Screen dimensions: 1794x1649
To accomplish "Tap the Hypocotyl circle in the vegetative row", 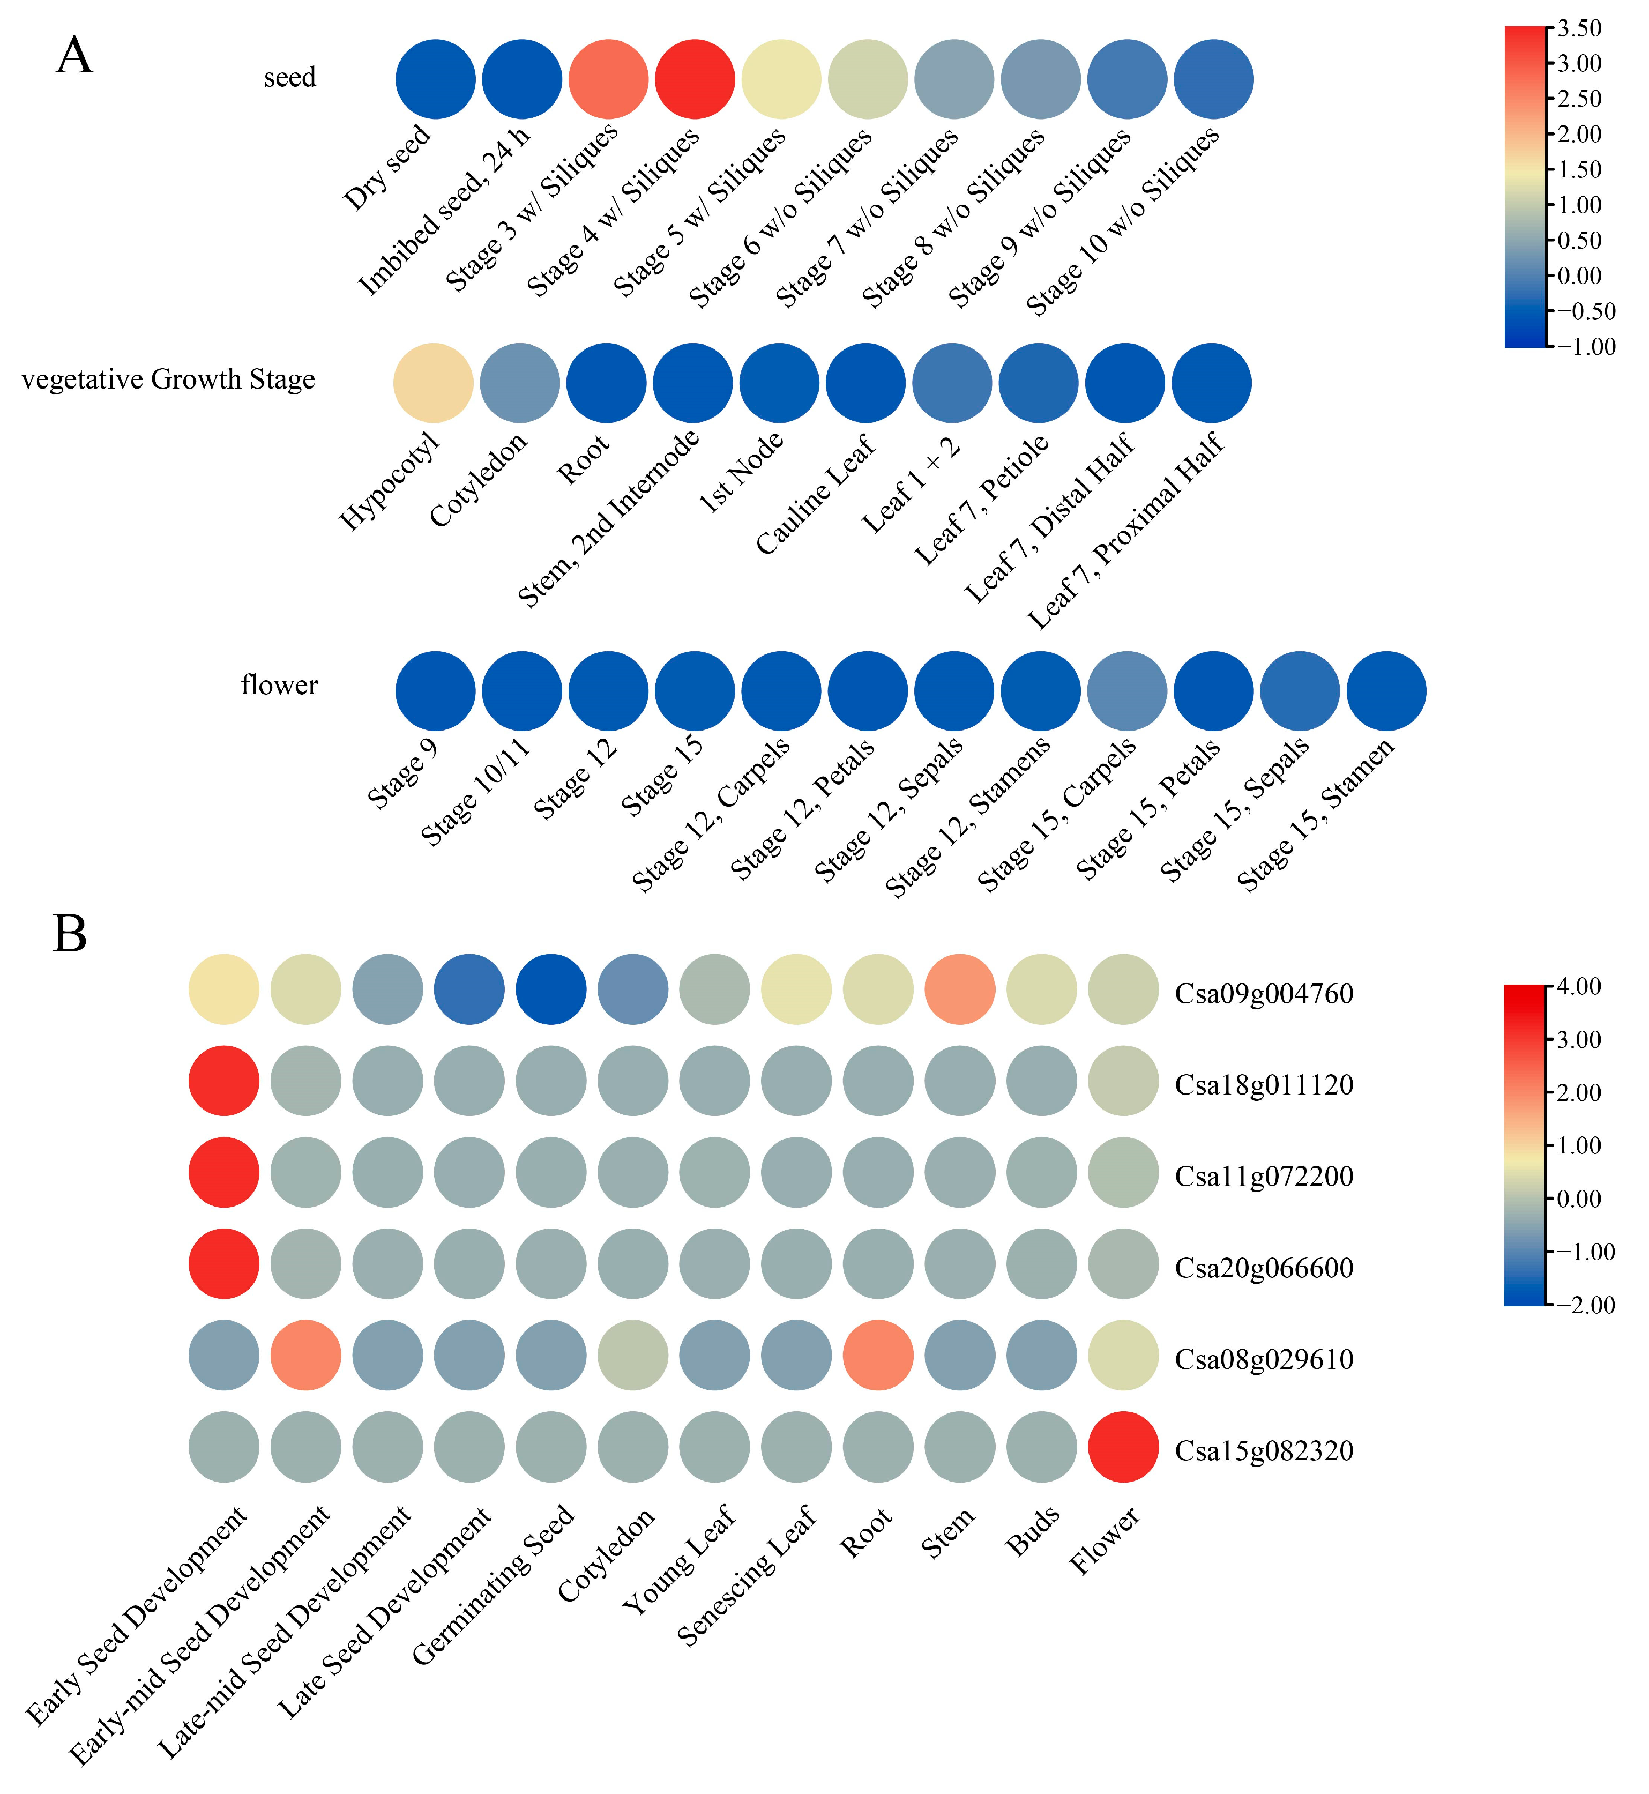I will tap(433, 383).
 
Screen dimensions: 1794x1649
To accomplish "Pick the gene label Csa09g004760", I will tap(1264, 993).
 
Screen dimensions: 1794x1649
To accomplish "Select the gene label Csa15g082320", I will tap(1264, 1450).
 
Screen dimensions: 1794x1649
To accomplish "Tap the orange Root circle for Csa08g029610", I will tap(878, 1355).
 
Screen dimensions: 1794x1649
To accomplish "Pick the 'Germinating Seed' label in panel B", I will tap(494, 1585).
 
